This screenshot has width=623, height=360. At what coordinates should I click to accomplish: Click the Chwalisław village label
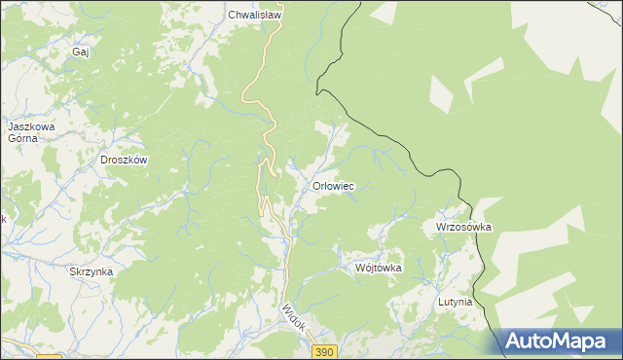[x=254, y=16]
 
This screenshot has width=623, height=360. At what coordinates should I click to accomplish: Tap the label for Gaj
[x=81, y=52]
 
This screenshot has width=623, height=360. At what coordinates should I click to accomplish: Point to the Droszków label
[x=124, y=161]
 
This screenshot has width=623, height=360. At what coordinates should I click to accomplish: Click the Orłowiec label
[x=332, y=186]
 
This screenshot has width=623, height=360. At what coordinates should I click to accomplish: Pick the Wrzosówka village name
[x=463, y=227]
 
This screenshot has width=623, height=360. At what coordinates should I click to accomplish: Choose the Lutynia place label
[x=455, y=302]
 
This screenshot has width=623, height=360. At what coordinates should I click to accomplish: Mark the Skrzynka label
[x=92, y=272]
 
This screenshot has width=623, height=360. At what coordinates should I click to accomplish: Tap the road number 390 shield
[x=325, y=350]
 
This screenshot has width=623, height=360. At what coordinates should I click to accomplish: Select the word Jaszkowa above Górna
[x=31, y=126]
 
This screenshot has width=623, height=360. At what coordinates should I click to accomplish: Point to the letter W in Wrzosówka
[x=440, y=227]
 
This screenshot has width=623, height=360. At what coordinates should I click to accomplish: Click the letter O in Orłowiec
[x=314, y=186]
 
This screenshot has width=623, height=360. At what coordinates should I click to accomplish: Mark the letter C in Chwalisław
[x=232, y=16]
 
